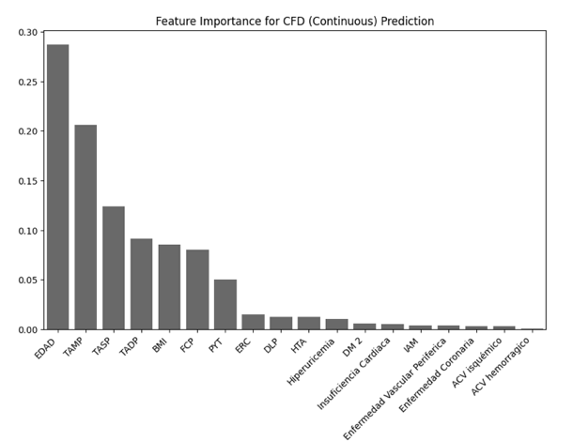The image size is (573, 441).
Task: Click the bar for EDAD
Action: point(57,188)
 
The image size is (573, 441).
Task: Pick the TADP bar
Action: point(141,283)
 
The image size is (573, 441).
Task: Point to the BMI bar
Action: point(169,287)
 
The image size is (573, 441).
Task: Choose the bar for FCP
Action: point(197,289)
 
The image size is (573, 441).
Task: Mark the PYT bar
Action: point(225,304)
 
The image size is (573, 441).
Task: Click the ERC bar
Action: point(253,322)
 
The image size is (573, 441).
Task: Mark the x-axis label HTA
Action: point(299,343)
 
